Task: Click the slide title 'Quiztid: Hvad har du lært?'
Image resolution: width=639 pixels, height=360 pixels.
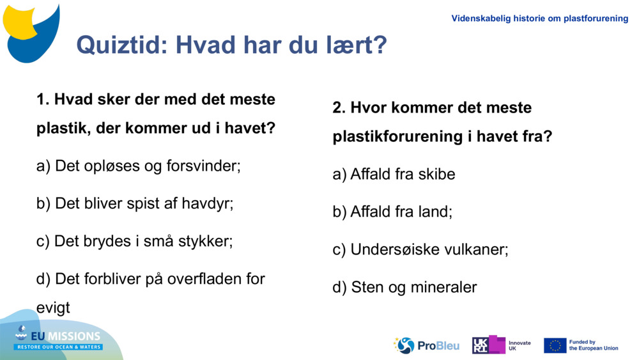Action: tap(231, 45)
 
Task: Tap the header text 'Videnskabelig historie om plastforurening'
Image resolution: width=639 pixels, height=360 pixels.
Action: tap(539, 19)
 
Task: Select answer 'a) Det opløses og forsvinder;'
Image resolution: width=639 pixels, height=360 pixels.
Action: tap(139, 166)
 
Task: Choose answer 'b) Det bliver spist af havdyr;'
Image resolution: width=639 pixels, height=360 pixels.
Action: tap(135, 204)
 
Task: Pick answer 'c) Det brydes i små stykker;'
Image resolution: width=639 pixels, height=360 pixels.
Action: tap(134, 241)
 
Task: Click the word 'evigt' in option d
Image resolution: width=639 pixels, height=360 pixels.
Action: tap(53, 308)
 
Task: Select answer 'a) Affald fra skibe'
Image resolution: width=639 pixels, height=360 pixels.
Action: tap(394, 174)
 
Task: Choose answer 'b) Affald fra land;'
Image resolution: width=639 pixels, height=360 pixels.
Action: tap(392, 212)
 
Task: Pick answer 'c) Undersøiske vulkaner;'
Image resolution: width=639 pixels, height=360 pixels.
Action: tap(420, 249)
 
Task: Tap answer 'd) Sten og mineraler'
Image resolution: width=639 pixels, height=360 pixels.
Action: tap(404, 287)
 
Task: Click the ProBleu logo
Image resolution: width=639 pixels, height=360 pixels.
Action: tap(426, 345)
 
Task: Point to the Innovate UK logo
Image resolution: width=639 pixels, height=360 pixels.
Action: tap(501, 345)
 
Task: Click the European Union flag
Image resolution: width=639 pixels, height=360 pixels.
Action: tap(555, 345)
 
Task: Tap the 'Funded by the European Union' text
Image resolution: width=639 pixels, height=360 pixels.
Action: tap(594, 345)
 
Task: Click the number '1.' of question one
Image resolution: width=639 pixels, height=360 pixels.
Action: tap(43, 100)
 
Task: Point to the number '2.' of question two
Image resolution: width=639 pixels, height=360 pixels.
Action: tap(339, 107)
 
